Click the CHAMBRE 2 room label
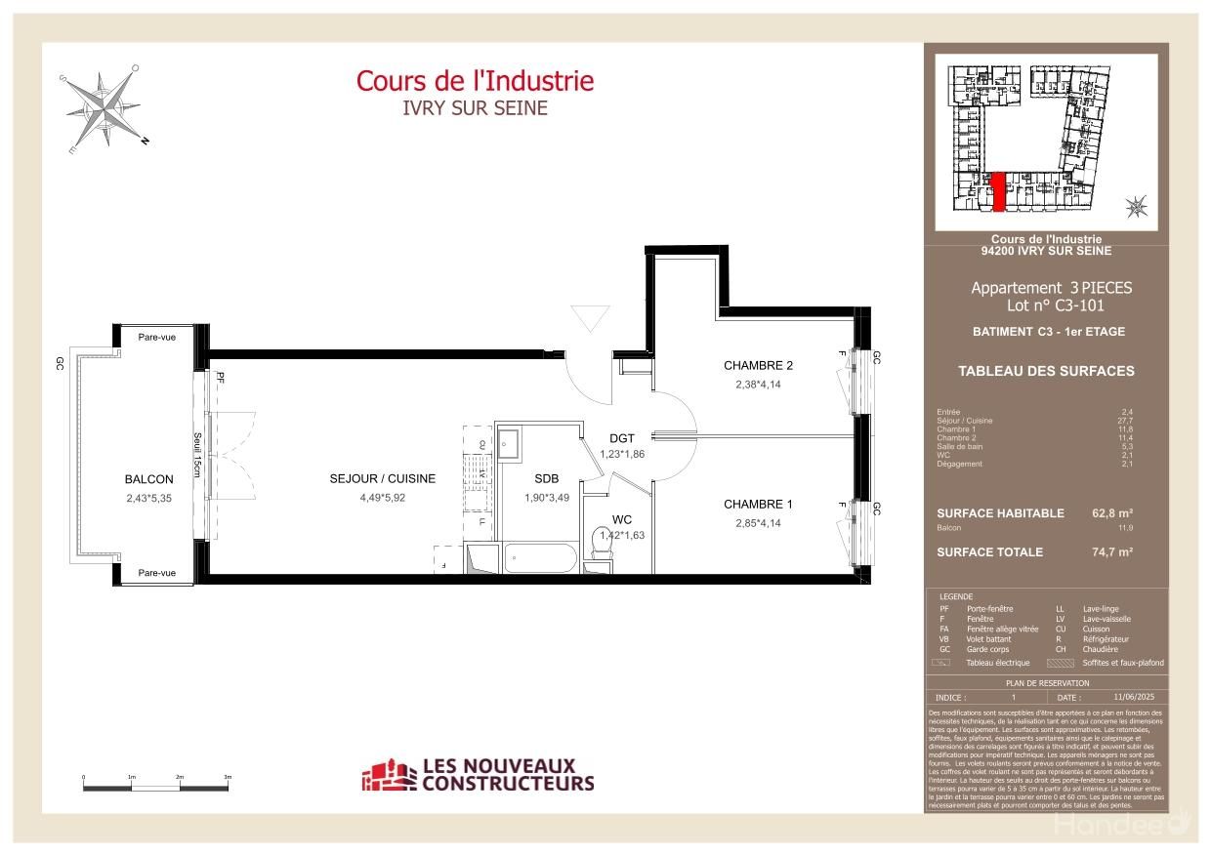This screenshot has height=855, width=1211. pos(758,366)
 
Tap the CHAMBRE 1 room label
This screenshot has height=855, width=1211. pos(758,505)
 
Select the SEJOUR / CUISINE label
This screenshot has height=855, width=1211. pos(382,479)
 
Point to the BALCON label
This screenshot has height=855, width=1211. pos(148,479)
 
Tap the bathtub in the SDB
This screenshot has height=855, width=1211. pos(540,560)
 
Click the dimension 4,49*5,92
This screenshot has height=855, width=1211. pos(382,498)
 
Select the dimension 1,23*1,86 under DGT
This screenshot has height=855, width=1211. pos(622,455)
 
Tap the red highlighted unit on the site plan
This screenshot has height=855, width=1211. pos(998,192)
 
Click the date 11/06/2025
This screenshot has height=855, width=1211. pos(1133,698)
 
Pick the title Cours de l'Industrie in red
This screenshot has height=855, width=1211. pos(475,81)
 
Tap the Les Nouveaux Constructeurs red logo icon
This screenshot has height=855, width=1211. pos(388,776)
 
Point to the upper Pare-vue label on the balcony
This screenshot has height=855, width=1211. pos(156,338)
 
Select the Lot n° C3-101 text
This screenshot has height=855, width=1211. pos(1051,305)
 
